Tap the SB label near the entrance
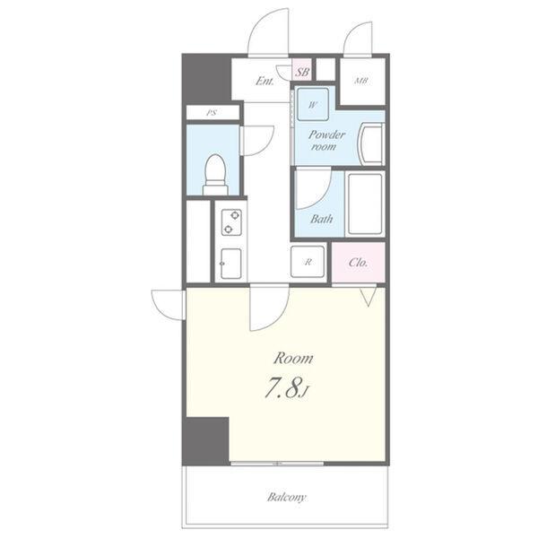(302, 73)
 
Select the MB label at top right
(361, 81)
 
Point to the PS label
(212, 113)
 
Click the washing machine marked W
(313, 104)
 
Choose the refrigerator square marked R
(308, 262)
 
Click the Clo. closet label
(358, 263)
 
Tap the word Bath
(322, 219)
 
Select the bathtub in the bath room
(365, 204)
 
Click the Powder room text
(326, 141)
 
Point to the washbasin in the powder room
(370, 144)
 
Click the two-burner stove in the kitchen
(231, 222)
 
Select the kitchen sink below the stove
(230, 263)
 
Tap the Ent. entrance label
(265, 82)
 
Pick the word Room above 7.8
(293, 359)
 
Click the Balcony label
(287, 497)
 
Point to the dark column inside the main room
(205, 441)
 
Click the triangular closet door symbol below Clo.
(369, 296)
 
